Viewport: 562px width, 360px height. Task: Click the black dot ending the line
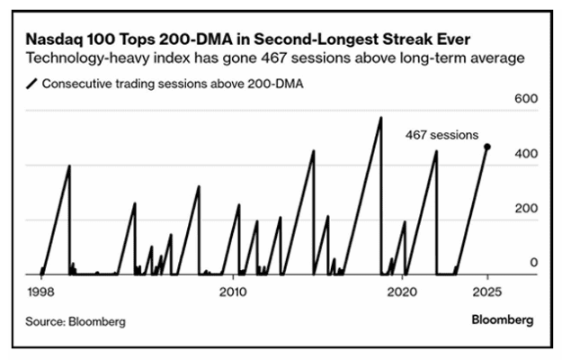pyautogui.click(x=487, y=147)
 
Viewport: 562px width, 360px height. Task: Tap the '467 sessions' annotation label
pyautogui.click(x=442, y=135)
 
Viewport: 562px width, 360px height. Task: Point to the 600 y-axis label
pyautogui.click(x=526, y=98)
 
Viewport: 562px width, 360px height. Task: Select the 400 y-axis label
pyautogui.click(x=526, y=154)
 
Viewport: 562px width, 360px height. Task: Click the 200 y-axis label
pyautogui.click(x=526, y=208)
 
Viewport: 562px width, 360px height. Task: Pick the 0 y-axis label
pyautogui.click(x=534, y=263)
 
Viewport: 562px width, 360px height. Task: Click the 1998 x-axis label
pyautogui.click(x=40, y=292)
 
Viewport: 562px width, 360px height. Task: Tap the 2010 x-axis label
pyautogui.click(x=233, y=292)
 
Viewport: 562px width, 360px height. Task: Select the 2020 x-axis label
pyautogui.click(x=402, y=292)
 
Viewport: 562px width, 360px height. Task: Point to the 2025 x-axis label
pyautogui.click(x=487, y=292)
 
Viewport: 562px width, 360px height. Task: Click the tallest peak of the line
pyautogui.click(x=380, y=118)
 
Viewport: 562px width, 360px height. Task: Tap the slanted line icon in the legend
pyautogui.click(x=31, y=84)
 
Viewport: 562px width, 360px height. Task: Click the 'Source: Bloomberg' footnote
pyautogui.click(x=76, y=321)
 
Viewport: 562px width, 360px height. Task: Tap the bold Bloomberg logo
pyautogui.click(x=503, y=319)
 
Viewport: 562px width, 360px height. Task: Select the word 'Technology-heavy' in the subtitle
pyautogui.click(x=88, y=58)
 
